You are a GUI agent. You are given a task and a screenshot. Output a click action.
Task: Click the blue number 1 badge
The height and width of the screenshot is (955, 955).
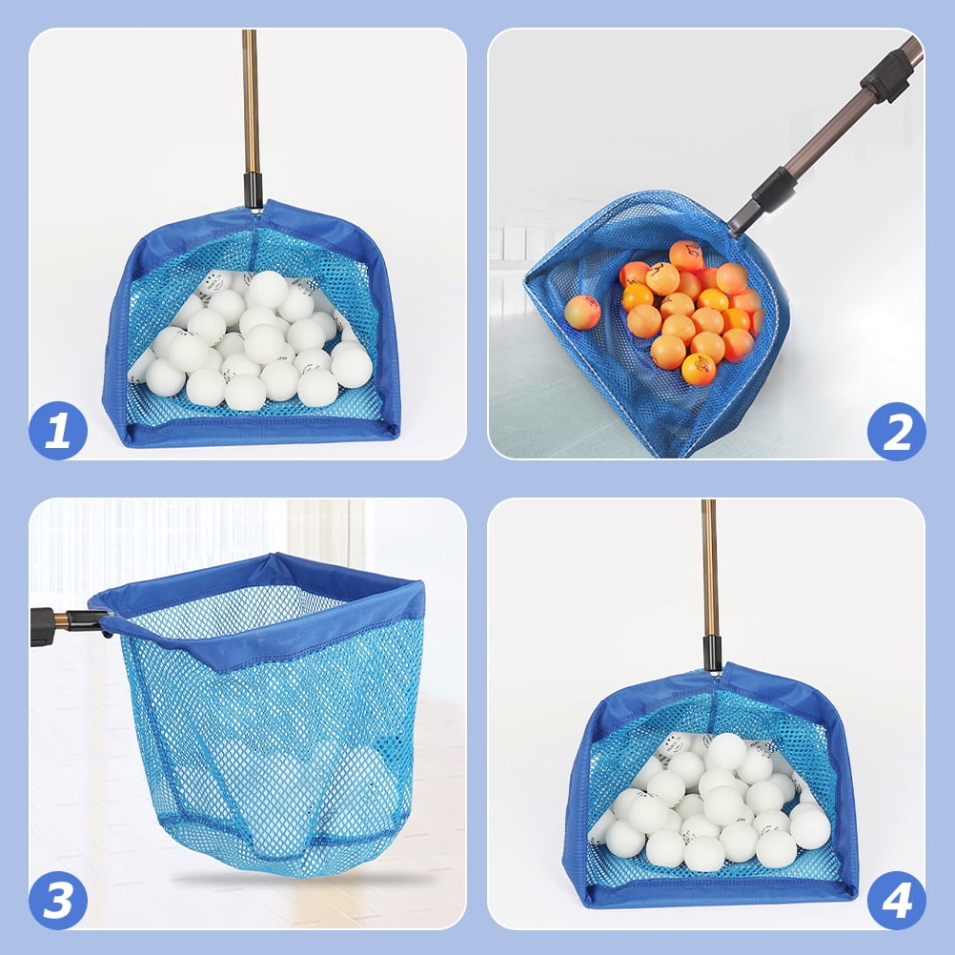coord(58,431)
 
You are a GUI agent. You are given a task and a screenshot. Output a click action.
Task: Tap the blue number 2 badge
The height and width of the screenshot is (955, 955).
coord(896,431)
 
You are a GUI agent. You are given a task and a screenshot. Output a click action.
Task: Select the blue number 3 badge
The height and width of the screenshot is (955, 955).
coord(58,900)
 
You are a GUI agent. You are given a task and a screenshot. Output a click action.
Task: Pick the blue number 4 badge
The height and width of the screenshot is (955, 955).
coord(896,900)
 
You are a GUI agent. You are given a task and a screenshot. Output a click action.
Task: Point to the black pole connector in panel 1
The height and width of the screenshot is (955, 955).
coord(253,188)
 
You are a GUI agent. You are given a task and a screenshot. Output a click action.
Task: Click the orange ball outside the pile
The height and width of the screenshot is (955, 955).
coord(581,312)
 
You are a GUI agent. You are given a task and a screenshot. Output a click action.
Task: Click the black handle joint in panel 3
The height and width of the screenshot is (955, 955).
coord(45,626)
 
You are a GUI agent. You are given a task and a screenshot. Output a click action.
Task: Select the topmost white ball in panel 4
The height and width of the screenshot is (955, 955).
coord(726,751)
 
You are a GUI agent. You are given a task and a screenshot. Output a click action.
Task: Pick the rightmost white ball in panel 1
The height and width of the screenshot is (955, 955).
coord(352,365)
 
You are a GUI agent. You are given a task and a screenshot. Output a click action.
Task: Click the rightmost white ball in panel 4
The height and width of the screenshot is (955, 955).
coord(809,826)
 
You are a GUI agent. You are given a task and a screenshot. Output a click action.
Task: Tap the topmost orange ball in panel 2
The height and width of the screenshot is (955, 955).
coord(685,255)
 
